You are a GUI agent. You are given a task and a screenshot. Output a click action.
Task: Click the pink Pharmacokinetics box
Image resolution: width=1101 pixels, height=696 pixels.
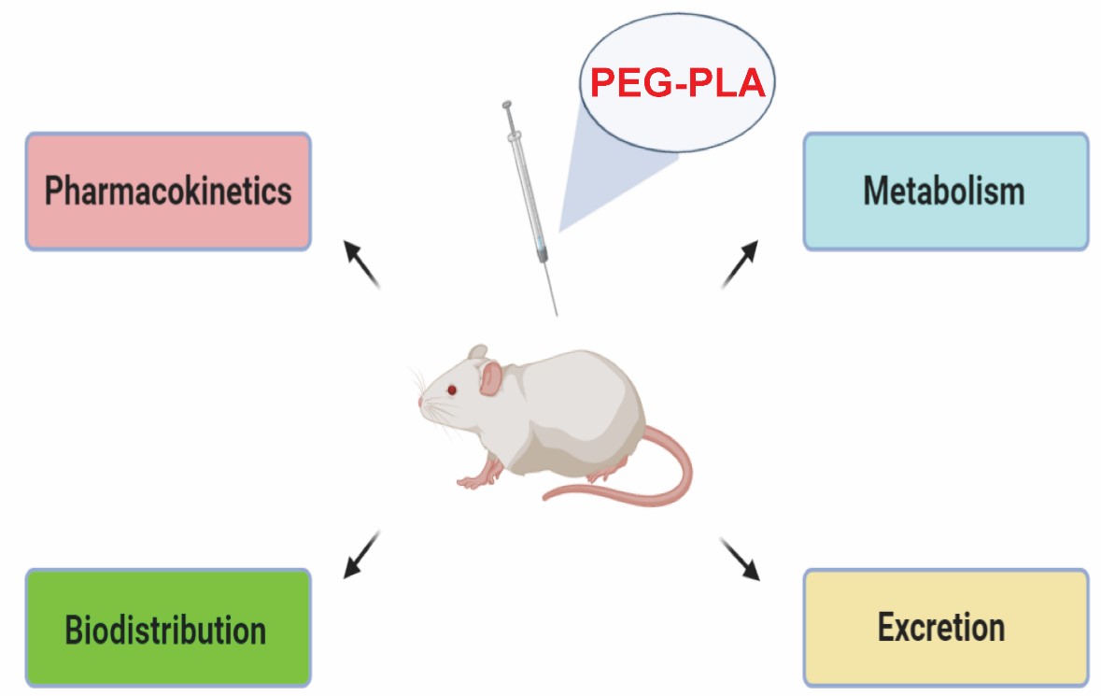click(168, 192)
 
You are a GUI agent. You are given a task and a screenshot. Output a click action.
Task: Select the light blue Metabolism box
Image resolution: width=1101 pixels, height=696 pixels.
click(945, 192)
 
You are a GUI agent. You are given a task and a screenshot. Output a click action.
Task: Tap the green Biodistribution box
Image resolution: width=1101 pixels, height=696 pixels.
click(168, 628)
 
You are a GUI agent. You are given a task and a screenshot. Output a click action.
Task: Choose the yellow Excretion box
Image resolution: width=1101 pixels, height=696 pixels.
click(945, 628)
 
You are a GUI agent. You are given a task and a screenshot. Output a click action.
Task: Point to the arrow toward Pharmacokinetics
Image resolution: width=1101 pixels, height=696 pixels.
click(362, 264)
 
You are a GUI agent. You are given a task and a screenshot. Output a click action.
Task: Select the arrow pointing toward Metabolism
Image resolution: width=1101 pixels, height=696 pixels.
click(740, 264)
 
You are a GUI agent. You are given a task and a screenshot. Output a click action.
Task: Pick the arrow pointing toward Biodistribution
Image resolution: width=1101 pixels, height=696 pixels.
click(362, 554)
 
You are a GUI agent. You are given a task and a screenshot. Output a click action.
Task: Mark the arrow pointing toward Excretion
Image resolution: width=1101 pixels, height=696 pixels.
click(740, 558)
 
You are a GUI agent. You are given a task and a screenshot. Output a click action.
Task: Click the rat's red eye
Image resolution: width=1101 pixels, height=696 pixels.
click(452, 390)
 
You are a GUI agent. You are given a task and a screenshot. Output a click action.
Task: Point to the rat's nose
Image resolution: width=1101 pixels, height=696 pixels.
click(421, 404)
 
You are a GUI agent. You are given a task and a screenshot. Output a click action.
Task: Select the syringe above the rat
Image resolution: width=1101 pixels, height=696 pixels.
click(529, 187)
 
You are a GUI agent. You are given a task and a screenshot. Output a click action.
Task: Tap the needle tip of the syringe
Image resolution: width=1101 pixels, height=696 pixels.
click(557, 314)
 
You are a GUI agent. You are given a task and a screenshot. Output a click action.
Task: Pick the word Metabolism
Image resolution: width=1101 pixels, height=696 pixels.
click(945, 192)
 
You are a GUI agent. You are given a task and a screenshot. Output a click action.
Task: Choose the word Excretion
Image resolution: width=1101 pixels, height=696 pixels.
click(941, 628)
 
